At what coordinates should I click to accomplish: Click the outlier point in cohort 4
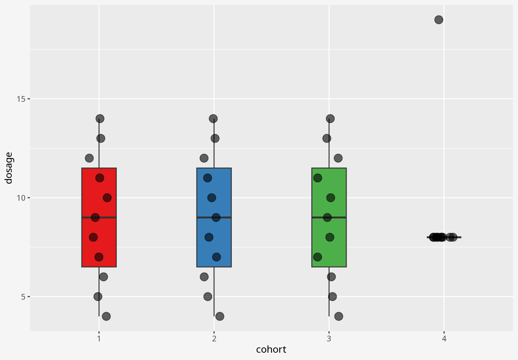(439, 19)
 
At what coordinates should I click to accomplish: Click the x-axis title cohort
(271, 349)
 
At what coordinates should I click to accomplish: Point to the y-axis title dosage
(9, 168)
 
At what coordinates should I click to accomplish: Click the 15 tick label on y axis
(21, 99)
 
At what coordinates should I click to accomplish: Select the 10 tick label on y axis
(21, 198)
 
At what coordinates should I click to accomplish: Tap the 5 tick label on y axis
(23, 297)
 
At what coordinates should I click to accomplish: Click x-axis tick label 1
(99, 338)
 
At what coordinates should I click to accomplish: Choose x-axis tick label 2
(214, 338)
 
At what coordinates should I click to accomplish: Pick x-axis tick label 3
(329, 338)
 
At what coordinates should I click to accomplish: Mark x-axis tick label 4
(444, 338)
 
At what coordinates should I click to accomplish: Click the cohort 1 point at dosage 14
(100, 118)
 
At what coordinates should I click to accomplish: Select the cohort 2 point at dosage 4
(220, 316)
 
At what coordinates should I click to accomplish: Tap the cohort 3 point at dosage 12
(338, 158)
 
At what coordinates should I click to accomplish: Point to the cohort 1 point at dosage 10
(107, 197)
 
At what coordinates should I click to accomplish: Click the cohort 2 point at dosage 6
(204, 276)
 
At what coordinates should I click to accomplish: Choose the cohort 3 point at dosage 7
(317, 257)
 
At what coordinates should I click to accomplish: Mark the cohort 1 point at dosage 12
(89, 158)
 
